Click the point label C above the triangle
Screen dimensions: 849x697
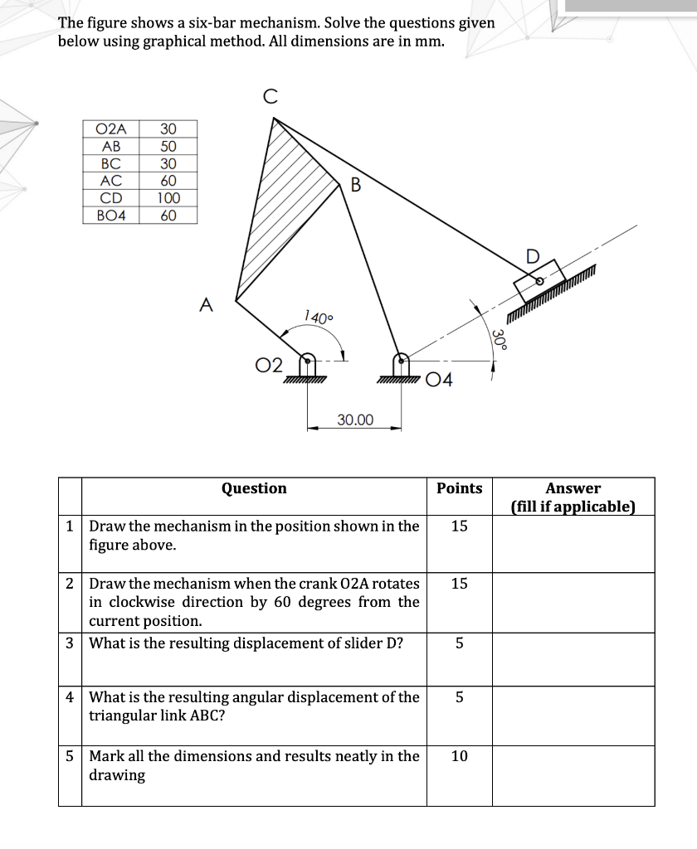tap(269, 97)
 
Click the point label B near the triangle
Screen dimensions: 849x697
tap(356, 184)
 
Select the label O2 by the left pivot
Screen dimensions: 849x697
tap(268, 366)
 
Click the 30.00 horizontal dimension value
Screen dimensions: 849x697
tap(355, 420)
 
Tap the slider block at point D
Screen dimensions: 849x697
tap(539, 282)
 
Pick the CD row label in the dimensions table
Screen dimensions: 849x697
tap(111, 198)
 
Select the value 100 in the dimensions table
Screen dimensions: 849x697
tap(168, 198)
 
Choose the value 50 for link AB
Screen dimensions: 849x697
tap(168, 146)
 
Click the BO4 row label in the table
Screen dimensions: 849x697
tap(111, 216)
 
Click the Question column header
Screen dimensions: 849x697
tap(254, 488)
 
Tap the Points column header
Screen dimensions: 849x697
tap(459, 488)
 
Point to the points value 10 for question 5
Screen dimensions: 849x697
tap(459, 756)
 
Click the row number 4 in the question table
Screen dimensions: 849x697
tap(70, 697)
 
